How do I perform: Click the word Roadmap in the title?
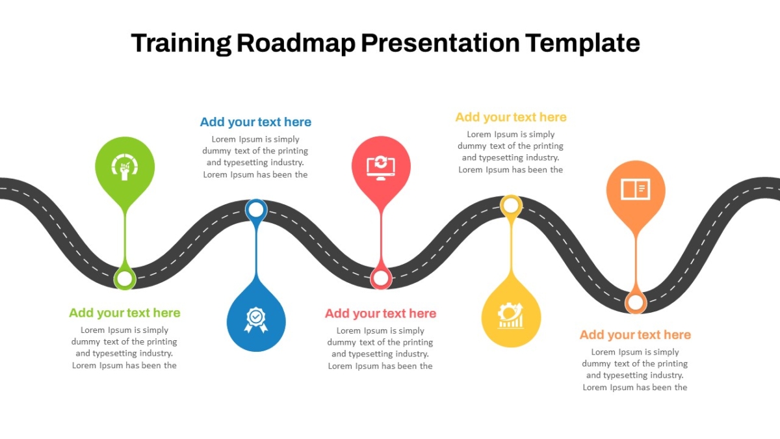296,43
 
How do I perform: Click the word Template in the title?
582,43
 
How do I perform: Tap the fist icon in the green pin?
125,167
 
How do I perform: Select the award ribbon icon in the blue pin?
256,320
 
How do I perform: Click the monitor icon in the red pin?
381,168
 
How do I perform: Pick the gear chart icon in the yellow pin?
510,315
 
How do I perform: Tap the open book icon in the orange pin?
636,189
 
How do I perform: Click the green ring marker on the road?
125,278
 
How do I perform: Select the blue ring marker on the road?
256,209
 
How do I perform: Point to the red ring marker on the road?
381,278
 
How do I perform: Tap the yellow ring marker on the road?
511,206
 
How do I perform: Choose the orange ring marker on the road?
636,302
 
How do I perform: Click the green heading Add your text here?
125,313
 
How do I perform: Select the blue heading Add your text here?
255,122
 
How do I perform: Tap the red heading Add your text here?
381,313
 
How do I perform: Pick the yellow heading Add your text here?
511,117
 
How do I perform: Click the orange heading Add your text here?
635,335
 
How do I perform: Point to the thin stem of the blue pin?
256,249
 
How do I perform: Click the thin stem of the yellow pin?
511,245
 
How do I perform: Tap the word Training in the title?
181,44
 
